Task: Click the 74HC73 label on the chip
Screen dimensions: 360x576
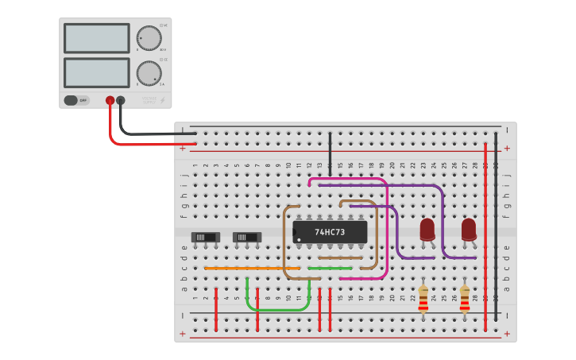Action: pyautogui.click(x=330, y=232)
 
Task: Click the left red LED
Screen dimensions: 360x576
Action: pyautogui.click(x=427, y=230)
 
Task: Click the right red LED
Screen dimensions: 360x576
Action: pyautogui.click(x=469, y=230)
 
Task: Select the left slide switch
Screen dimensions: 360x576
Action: pyautogui.click(x=206, y=237)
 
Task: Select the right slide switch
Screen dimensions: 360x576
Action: pyautogui.click(x=246, y=237)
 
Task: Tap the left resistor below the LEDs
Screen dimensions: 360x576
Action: pyautogui.click(x=423, y=300)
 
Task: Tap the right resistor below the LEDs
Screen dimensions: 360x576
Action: pyautogui.click(x=465, y=300)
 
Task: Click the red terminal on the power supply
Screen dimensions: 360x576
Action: pyautogui.click(x=110, y=101)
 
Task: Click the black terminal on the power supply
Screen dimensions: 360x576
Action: pyautogui.click(x=121, y=101)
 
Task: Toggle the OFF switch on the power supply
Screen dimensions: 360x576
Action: pyautogui.click(x=75, y=101)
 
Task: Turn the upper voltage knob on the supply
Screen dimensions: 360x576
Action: pyautogui.click(x=149, y=37)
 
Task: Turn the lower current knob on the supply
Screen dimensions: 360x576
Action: pyautogui.click(x=149, y=73)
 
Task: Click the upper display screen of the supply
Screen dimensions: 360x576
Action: pyautogui.click(x=96, y=38)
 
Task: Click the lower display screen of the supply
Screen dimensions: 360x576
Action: pyautogui.click(x=96, y=72)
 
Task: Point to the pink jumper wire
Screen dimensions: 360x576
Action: pyautogui.click(x=387, y=230)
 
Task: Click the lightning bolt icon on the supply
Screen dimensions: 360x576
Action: pyautogui.click(x=163, y=101)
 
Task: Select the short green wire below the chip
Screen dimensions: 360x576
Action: pyautogui.click(x=330, y=269)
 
